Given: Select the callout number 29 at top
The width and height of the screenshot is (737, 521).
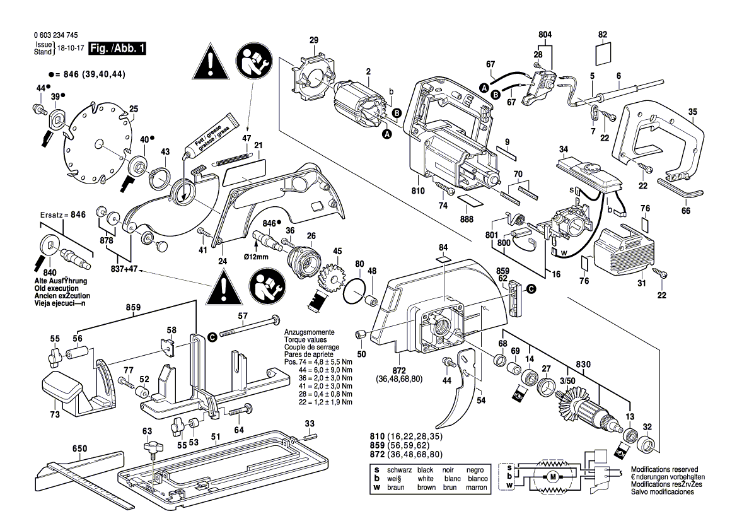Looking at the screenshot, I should pyautogui.click(x=314, y=41).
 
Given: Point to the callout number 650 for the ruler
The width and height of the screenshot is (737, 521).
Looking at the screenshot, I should pyautogui.click(x=79, y=449).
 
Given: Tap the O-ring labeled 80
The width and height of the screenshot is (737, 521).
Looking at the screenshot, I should pyautogui.click(x=357, y=291).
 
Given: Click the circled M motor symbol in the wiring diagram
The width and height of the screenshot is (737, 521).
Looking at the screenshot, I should pyautogui.click(x=553, y=477).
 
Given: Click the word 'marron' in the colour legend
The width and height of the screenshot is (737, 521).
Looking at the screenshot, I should pyautogui.click(x=475, y=488).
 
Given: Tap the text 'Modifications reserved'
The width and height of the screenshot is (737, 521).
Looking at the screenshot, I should pyautogui.click(x=664, y=470).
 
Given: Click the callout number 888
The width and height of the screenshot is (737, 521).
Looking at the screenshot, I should pyautogui.click(x=467, y=219).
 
